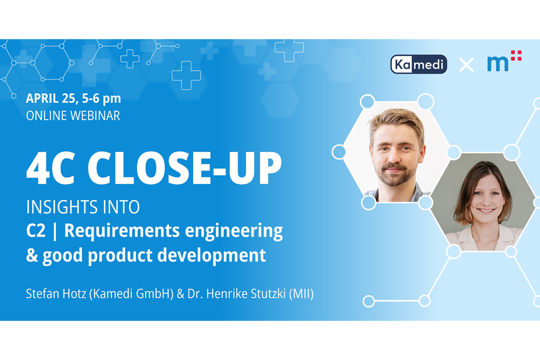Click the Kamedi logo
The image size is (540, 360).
tap(418, 64)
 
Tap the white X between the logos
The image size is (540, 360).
tap(466, 64)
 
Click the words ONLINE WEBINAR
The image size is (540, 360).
tap(73, 116)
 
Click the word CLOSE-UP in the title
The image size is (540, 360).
tap(185, 168)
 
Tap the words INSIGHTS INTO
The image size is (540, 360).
tap(83, 207)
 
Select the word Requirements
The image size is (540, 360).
tap(122, 231)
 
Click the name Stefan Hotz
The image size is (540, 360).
tap(56, 294)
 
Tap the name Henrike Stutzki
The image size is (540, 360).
tap(246, 294)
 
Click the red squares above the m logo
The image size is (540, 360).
tap(516, 55)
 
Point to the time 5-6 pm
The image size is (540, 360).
tap(101, 99)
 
